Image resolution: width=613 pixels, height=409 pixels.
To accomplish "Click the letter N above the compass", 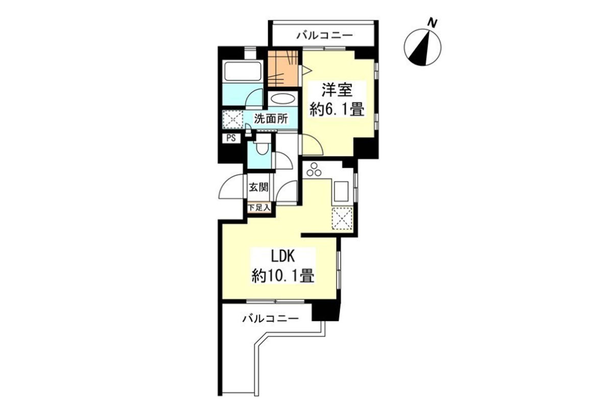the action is point(432,23).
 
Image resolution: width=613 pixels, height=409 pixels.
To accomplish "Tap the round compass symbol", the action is point(422,48).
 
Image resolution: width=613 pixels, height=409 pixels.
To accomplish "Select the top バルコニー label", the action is point(325,35).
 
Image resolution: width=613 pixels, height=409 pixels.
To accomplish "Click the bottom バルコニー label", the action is point(271,319).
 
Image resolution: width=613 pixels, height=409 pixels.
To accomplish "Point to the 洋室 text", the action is point(337,90).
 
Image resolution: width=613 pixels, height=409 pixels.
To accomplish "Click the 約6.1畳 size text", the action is point(337,109).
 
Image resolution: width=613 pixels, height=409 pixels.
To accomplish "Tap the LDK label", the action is point(282,257).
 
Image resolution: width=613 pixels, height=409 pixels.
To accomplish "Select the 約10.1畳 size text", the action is point(282,276).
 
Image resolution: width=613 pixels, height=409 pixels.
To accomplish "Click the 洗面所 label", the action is point(271,119).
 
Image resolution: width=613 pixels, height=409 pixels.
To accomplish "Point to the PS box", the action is point(231,138).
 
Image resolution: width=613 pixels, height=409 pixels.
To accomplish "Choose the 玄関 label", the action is point(258,188).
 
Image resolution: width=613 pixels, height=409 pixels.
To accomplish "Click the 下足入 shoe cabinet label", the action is point(259,208).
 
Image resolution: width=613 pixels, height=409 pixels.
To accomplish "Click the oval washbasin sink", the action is point(282,99).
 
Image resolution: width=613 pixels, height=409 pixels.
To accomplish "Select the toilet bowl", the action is point(262,148).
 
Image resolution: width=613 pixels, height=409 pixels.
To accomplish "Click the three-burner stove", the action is point(314,170).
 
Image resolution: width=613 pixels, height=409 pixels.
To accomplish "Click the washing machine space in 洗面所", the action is point(232,119).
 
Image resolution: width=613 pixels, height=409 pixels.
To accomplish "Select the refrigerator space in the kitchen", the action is point(342,218).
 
